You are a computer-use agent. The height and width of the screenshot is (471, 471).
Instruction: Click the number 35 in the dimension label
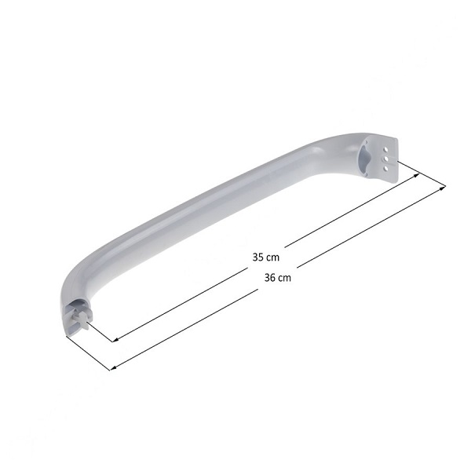257,257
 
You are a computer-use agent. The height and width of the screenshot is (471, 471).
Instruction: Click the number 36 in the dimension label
270,278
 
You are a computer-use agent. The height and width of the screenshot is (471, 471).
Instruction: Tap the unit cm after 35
273,258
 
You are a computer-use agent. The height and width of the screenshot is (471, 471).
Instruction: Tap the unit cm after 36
285,279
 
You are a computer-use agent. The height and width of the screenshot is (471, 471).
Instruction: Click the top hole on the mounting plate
386,149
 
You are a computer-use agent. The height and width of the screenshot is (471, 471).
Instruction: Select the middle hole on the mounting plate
386,159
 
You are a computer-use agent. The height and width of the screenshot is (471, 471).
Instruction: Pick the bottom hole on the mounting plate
386,169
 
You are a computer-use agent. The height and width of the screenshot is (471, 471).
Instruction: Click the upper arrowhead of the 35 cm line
418,175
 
